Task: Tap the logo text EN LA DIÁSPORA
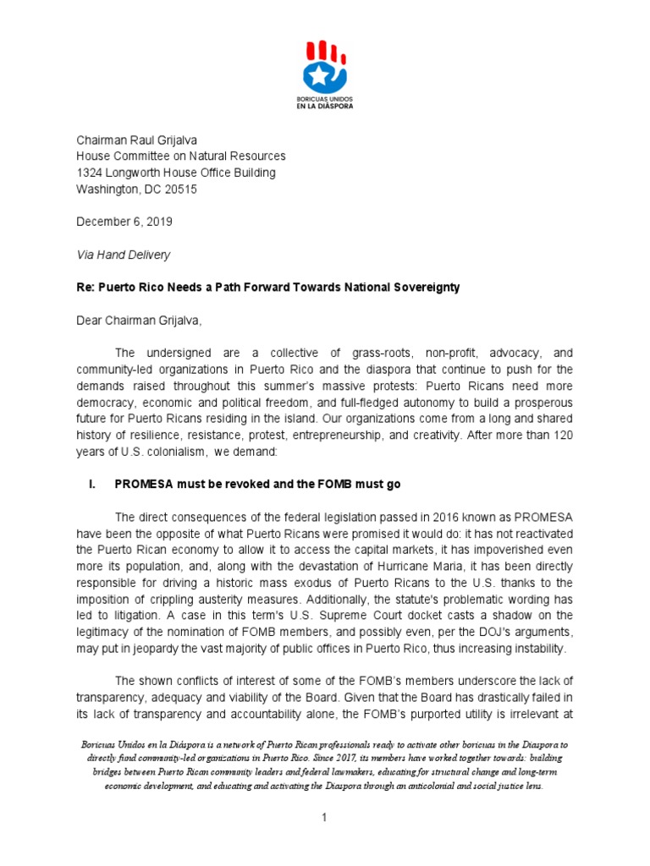coord(325,107)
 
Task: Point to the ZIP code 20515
coord(179,189)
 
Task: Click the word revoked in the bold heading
coord(218,485)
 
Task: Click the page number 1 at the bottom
coord(325,819)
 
